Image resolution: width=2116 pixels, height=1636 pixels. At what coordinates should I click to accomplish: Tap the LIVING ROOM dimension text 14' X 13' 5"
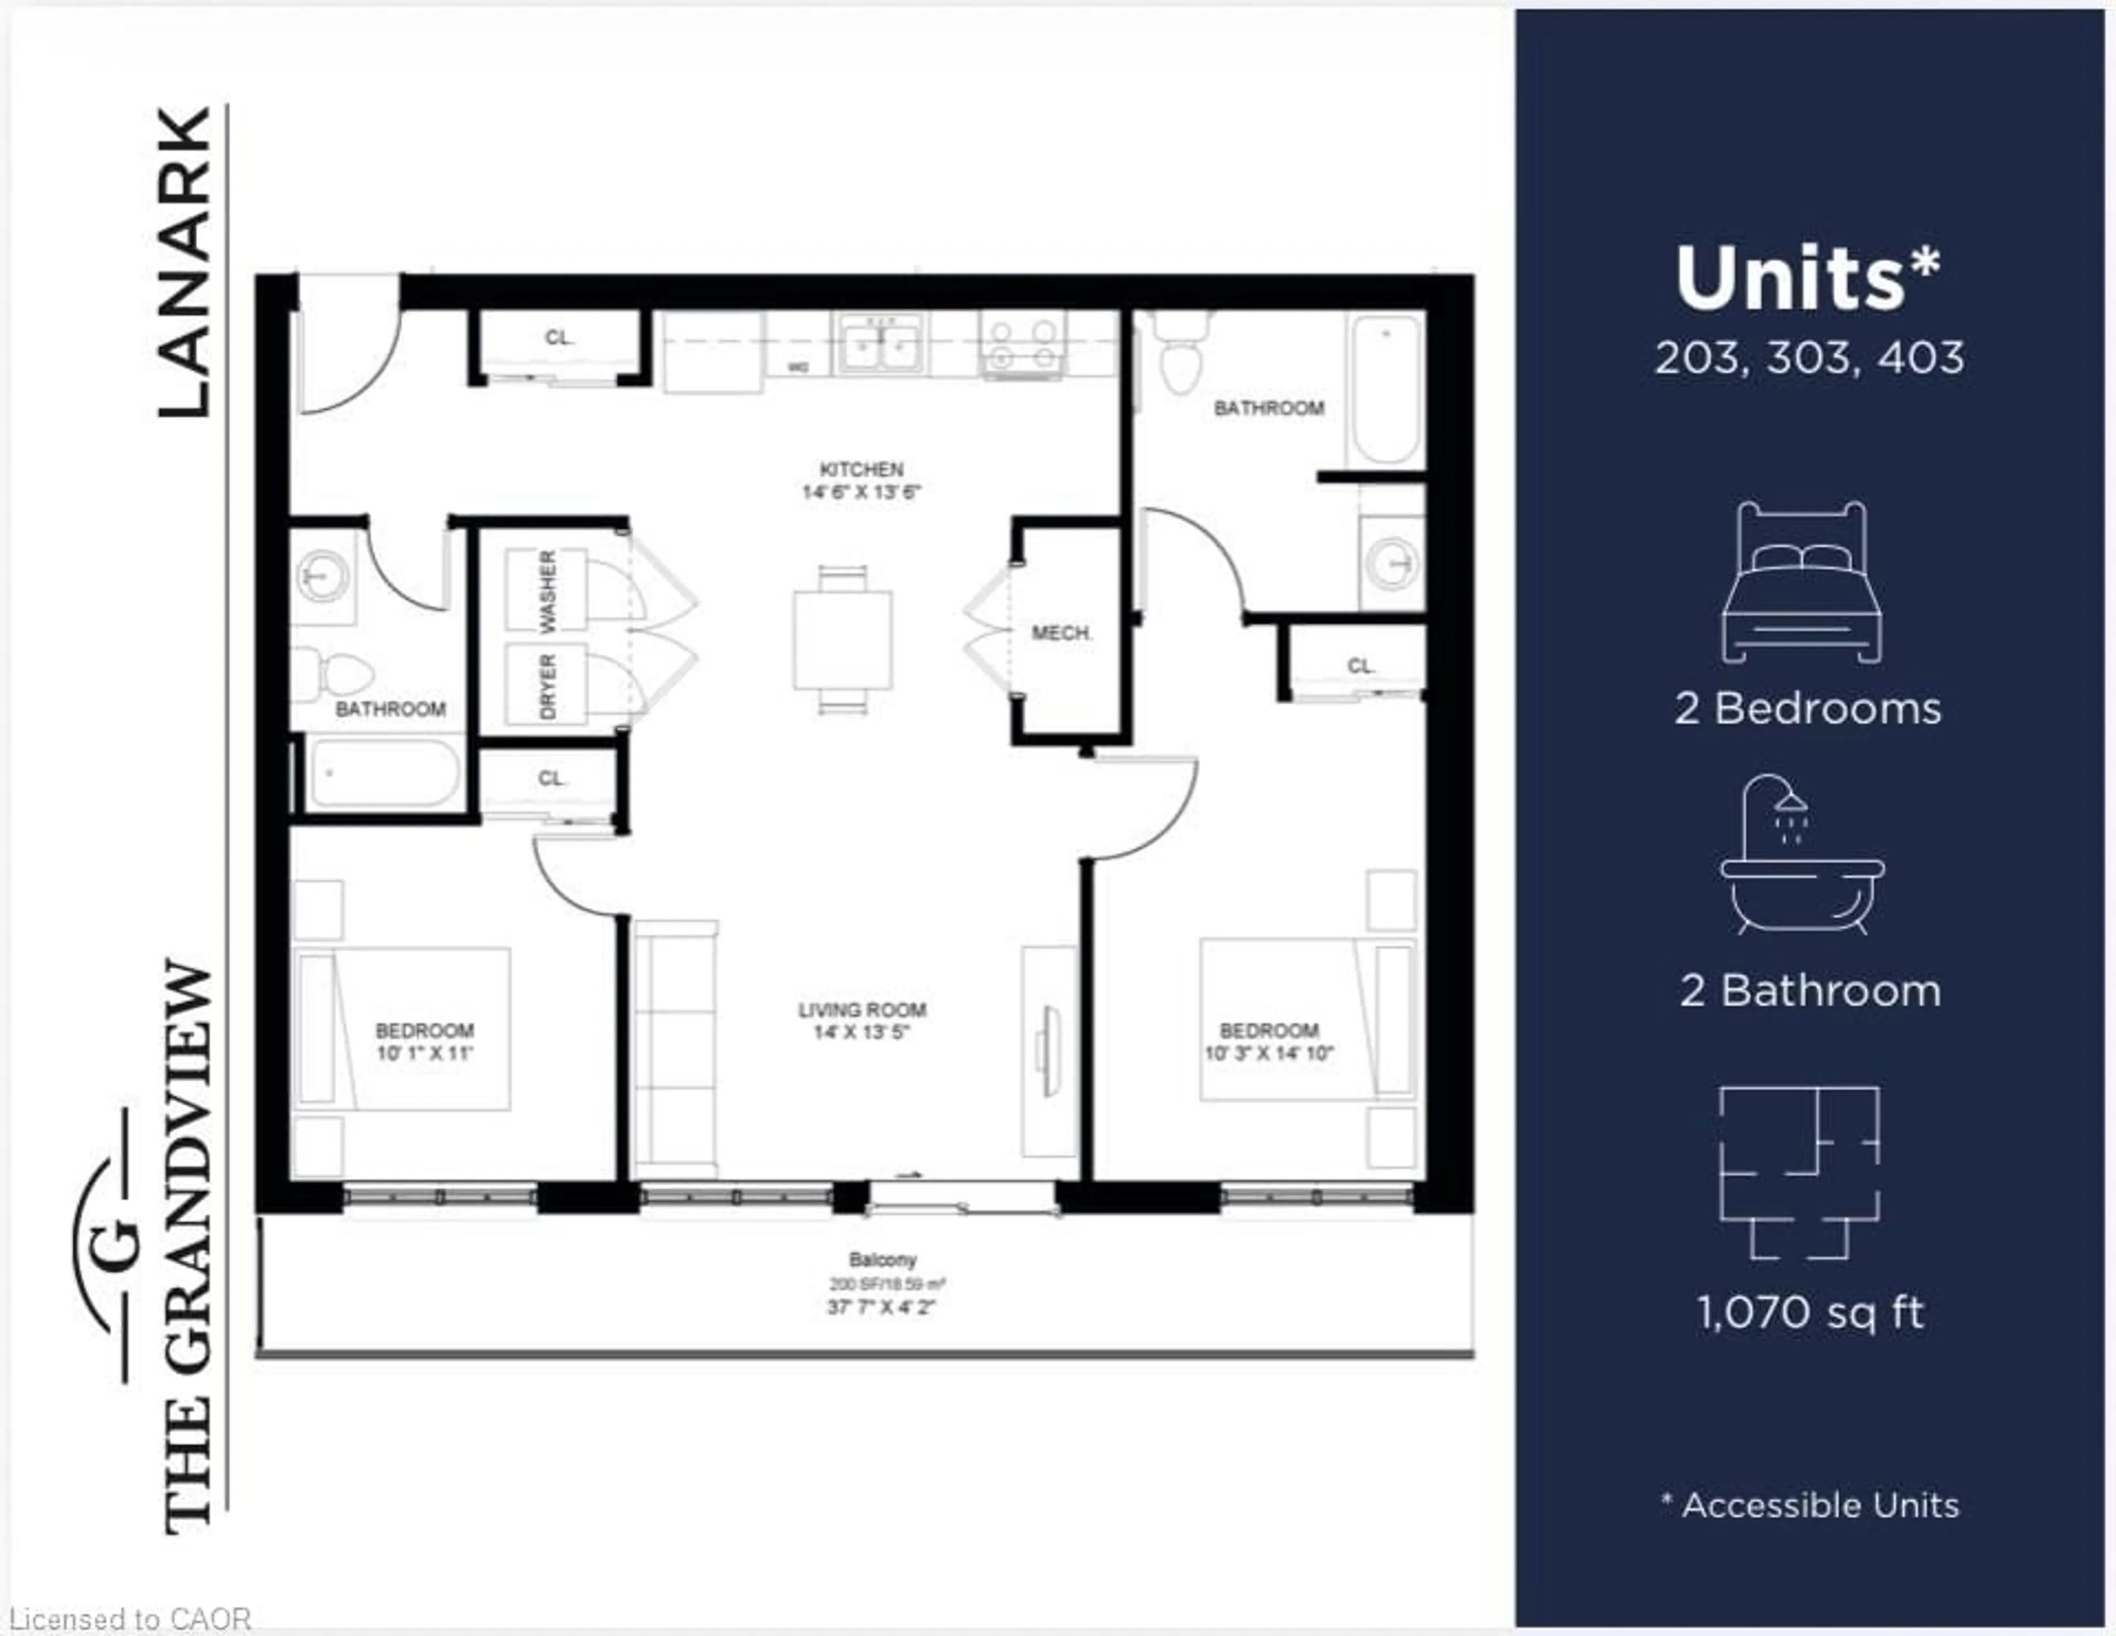coord(861,1032)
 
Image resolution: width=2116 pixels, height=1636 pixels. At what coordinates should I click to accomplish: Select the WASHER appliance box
coord(546,589)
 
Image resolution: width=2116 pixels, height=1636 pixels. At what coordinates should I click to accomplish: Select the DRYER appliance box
coord(546,684)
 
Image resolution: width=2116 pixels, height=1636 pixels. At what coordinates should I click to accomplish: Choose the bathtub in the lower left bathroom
coord(384,772)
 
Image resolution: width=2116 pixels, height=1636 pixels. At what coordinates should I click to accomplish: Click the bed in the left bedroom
coord(402,1029)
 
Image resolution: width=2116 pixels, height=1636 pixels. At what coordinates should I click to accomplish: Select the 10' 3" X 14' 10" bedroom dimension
coord(1268,1053)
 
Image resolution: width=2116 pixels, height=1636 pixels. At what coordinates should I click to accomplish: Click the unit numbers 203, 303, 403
coord(1809,358)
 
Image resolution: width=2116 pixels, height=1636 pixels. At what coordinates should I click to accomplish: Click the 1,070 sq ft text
coord(1809,1312)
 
